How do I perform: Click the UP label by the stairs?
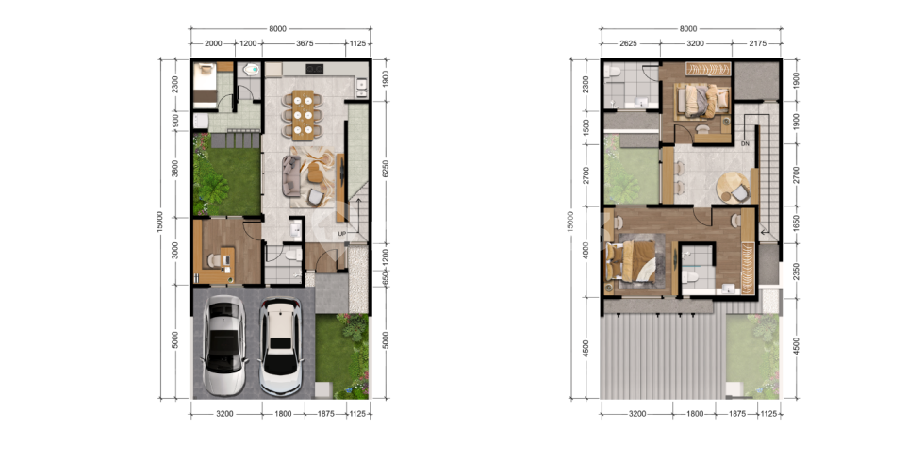[x=341, y=234]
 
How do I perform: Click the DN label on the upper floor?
[x=745, y=143]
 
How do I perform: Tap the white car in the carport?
[x=281, y=348]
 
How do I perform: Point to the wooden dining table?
[x=303, y=115]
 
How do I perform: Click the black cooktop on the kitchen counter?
[x=315, y=69]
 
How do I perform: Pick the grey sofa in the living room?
[x=290, y=175]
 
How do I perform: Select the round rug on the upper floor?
[x=733, y=188]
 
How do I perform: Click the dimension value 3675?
[x=304, y=43]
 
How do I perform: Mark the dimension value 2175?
[x=757, y=43]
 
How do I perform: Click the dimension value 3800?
[x=174, y=171]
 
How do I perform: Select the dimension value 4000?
[x=586, y=252]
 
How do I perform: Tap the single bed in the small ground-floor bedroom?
[x=206, y=84]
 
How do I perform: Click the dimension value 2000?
[x=213, y=43]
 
